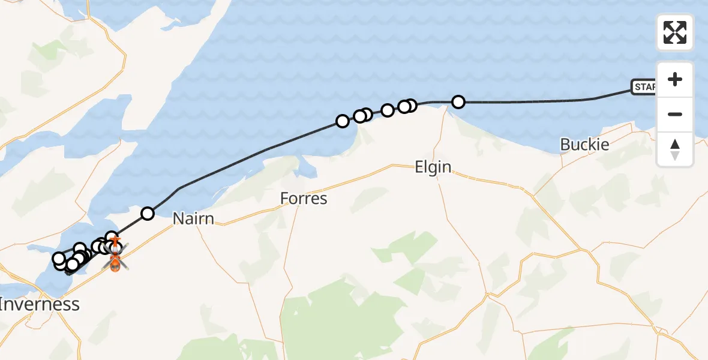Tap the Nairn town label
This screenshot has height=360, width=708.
[193, 218]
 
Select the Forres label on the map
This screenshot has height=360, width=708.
[304, 198]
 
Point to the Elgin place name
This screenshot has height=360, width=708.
[433, 167]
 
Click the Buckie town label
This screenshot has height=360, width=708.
[584, 145]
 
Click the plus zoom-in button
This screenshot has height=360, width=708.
[675, 80]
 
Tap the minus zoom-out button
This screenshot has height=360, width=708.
[675, 114]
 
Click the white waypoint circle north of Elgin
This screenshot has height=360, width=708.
[458, 102]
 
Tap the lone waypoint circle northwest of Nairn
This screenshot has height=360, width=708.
[147, 213]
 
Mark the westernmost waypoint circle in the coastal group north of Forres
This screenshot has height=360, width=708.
[342, 121]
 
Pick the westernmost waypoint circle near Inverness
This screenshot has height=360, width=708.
[59, 259]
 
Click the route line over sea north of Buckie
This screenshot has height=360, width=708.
[540, 102]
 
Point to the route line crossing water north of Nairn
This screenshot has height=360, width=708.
[240, 160]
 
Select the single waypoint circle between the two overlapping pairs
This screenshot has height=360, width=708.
[388, 110]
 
